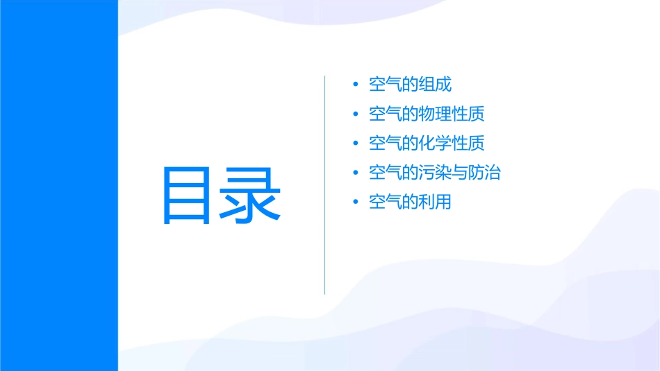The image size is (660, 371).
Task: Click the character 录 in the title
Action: click(251, 196)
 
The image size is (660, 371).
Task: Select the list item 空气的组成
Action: click(410, 85)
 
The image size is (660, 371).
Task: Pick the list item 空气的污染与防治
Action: click(434, 173)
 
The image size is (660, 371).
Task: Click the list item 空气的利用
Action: click(410, 202)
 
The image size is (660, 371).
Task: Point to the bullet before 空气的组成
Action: click(356, 85)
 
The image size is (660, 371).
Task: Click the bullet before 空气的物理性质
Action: click(356, 114)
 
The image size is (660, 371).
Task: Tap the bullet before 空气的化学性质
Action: click(356, 144)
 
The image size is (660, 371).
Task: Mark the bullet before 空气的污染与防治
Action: click(356, 173)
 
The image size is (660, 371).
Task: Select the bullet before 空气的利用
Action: click(356, 202)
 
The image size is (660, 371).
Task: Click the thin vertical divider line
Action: click(325, 184)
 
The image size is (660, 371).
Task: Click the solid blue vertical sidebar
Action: click(58, 185)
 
